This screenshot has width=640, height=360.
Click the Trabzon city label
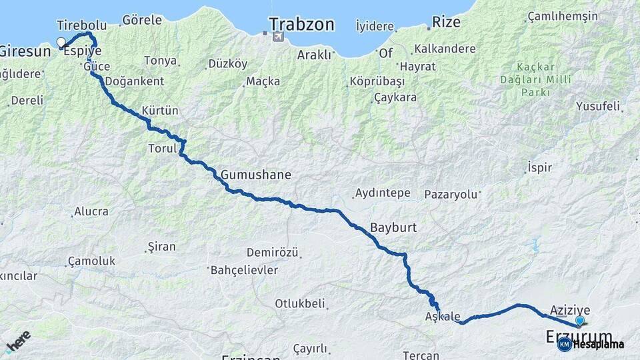[301, 24]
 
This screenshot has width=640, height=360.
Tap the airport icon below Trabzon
[277, 37]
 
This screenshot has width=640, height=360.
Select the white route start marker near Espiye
[61, 43]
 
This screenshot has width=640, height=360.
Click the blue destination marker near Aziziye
[579, 321]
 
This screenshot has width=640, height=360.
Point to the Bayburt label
[393, 227]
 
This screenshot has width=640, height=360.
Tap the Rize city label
[446, 21]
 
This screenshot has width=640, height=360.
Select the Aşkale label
[442, 317]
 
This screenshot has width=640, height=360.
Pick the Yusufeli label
[598, 106]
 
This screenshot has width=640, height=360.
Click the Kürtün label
[160, 110]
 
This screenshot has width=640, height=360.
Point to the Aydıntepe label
[383, 193]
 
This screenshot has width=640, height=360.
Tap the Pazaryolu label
[451, 194]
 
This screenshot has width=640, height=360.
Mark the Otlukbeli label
[300, 303]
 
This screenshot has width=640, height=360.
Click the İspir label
[539, 167]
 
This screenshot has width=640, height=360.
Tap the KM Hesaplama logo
[591, 344]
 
